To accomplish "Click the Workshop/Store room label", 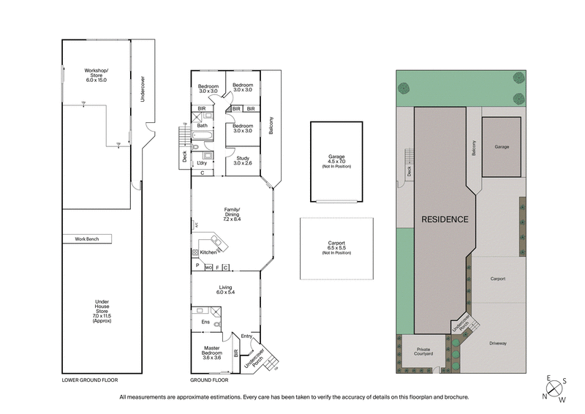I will coord(96,75).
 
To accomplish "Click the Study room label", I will coord(243,160).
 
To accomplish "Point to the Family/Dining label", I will coord(233,214).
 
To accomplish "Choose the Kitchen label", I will coord(208,252).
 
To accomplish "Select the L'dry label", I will coord(202,163).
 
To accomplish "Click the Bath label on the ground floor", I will coord(202,126).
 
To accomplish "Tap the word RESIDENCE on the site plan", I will coord(444,219).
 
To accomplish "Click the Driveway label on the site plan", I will coord(499,343).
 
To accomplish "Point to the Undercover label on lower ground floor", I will coord(143,88).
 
